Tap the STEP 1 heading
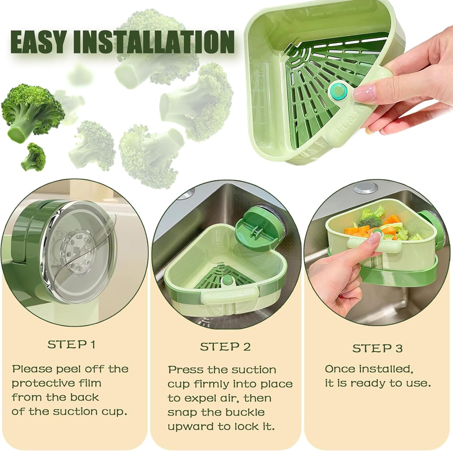71,345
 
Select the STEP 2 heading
225,347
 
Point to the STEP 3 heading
377,348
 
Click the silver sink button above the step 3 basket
365,187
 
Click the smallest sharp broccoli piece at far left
34,157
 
